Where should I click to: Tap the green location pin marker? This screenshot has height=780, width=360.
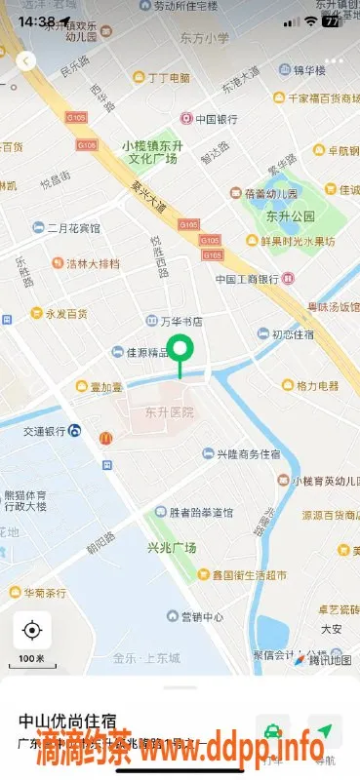(180, 349)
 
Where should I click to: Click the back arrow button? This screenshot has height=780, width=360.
(26, 60)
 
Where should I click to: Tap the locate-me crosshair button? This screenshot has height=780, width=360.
(31, 631)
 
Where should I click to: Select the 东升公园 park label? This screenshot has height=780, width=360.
(290, 215)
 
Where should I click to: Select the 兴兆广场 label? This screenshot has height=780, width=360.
(172, 548)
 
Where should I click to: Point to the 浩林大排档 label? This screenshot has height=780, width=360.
(94, 263)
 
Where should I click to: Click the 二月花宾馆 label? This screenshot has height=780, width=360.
(74, 228)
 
